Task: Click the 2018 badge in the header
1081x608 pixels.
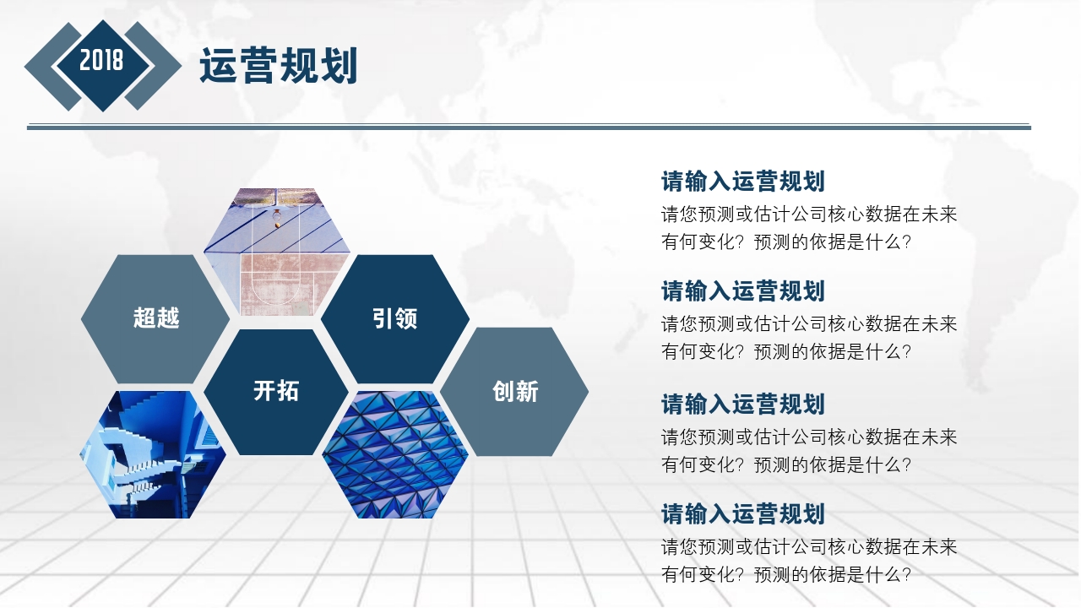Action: tap(102, 61)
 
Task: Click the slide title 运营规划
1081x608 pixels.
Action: tap(279, 66)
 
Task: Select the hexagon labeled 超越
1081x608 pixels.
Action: tap(155, 318)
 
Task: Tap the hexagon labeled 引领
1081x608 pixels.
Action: tap(395, 318)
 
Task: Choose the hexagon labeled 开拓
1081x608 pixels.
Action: tap(276, 391)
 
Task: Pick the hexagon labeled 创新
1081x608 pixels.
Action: tap(515, 391)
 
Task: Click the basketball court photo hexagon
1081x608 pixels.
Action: tap(277, 253)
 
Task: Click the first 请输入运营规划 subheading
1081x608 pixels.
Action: tap(742, 182)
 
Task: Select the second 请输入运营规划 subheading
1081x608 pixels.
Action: tap(742, 291)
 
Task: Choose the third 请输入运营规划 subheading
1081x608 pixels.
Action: tap(742, 404)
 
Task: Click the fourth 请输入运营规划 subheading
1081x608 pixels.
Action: tap(742, 514)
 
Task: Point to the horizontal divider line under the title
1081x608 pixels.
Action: tap(529, 127)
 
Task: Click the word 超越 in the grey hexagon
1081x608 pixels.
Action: tap(156, 318)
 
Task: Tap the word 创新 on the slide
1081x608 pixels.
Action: tap(515, 391)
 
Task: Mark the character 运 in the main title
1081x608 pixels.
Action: tap(218, 66)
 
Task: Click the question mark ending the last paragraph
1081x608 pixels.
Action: tap(906, 576)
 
